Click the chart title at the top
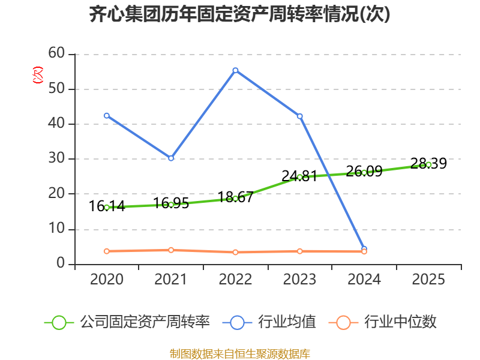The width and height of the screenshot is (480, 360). (239, 14)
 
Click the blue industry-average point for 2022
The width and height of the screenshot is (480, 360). (235, 70)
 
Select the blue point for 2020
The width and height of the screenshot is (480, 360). (107, 115)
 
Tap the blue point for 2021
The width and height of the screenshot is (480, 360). (171, 158)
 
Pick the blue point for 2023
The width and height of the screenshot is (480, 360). (300, 116)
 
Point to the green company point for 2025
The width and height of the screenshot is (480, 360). (428, 164)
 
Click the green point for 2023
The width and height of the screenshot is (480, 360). (300, 177)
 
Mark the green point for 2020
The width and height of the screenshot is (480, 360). (107, 208)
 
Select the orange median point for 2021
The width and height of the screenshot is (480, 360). (171, 250)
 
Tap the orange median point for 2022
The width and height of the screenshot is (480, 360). (235, 252)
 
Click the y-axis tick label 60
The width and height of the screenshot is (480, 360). (56, 53)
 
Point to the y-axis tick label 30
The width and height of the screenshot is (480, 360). (56, 158)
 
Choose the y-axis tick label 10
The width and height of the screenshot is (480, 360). (56, 229)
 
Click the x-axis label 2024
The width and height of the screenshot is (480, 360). (364, 280)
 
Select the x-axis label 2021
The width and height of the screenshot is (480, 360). (171, 280)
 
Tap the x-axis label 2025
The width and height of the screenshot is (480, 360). (428, 280)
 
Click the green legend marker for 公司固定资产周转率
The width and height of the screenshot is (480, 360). (59, 322)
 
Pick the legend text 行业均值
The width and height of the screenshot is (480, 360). (287, 322)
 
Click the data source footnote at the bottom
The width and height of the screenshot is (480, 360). (239, 353)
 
